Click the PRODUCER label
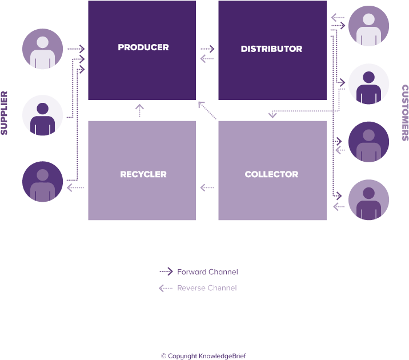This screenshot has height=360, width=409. click(143, 47)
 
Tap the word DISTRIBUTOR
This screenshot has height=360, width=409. click(271, 49)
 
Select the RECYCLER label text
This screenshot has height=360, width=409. click(143, 174)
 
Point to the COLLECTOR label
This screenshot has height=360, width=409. click(271, 174)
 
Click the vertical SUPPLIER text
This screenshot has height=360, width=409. click(5, 113)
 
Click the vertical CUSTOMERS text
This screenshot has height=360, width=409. click(404, 113)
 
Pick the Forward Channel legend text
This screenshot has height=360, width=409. click(207, 272)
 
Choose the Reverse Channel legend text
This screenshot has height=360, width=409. click(207, 288)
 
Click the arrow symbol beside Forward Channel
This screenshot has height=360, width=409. click(166, 272)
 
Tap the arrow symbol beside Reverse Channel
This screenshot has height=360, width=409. click(166, 288)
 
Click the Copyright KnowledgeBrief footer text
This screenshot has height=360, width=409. click(203, 355)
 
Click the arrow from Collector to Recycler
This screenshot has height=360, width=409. click(207, 187)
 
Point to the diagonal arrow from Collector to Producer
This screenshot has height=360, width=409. click(207, 110)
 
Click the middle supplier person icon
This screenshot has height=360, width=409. click(42, 115)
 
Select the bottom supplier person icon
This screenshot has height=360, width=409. click(42, 182)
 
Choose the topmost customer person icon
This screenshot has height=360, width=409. click(368, 26)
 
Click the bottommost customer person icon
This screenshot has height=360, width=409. click(368, 200)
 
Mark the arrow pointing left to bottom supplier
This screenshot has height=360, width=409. click(75, 187)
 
